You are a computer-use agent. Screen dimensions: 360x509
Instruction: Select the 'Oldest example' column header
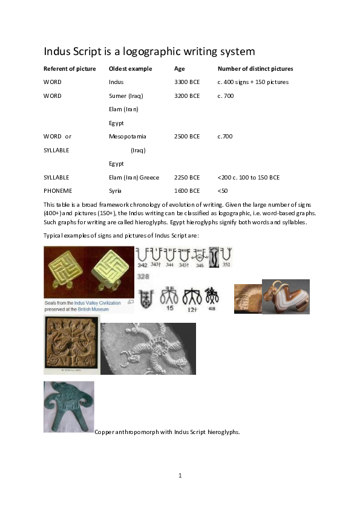tap(130, 68)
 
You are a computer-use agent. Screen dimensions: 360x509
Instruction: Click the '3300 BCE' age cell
tap(187, 82)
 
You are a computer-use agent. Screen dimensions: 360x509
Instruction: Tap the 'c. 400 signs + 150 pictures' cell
tap(253, 82)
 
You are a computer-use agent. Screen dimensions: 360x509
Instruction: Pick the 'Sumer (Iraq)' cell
tap(126, 96)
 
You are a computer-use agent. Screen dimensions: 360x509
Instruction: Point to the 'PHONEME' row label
tap(57, 190)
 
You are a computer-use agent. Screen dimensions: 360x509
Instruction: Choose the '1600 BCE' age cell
tap(187, 190)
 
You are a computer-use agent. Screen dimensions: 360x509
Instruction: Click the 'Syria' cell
tap(115, 190)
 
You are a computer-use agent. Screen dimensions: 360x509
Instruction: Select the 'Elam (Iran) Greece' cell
tap(134, 177)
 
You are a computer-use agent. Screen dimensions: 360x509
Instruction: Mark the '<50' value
tap(223, 190)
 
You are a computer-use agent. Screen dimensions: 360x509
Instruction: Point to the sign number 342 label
tap(142, 265)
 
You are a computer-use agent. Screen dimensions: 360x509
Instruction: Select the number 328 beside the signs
tap(143, 276)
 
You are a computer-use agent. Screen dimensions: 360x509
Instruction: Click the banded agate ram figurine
tap(286, 296)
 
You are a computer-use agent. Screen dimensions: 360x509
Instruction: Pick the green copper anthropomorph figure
tap(68, 406)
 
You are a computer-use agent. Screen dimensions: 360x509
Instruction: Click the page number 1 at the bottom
tap(180, 475)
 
